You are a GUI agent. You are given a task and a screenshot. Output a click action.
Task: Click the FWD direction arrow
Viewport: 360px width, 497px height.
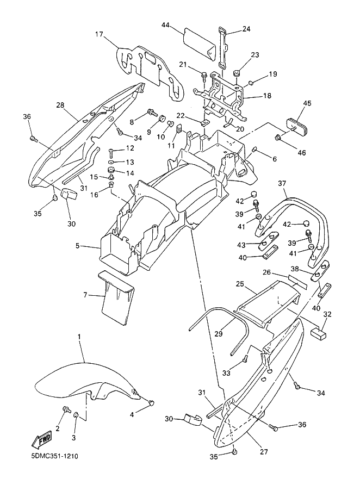(x=41, y=439)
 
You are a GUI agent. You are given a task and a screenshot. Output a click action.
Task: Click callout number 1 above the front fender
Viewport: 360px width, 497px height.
(x=79, y=336)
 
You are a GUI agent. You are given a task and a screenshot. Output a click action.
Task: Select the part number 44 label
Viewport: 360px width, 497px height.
(x=165, y=24)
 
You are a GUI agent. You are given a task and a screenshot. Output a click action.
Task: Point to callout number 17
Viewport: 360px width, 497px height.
(x=99, y=34)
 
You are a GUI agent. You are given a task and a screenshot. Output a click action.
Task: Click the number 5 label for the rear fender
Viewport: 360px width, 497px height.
(x=77, y=246)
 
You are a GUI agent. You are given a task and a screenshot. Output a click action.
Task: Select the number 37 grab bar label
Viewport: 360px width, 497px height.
(x=282, y=184)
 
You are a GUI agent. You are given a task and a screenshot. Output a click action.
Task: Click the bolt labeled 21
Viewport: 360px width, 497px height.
(x=203, y=76)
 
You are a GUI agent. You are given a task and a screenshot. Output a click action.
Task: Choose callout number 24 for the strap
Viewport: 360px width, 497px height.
(x=246, y=29)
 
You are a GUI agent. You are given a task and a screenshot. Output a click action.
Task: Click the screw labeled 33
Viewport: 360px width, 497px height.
(x=245, y=358)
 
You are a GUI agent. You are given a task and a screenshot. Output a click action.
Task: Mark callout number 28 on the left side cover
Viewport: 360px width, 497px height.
(x=60, y=105)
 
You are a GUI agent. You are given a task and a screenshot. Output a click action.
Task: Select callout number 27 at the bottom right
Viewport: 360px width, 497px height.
(x=264, y=452)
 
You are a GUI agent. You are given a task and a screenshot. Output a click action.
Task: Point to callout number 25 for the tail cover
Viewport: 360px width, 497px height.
(x=240, y=284)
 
